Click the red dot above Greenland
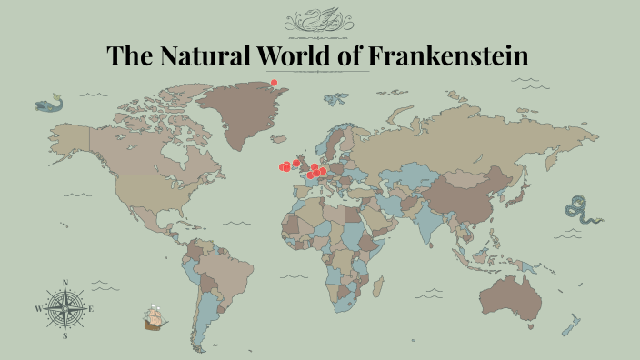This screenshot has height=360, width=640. tap(273, 83)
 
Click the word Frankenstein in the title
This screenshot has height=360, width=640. tap(448, 55)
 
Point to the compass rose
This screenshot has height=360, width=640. tap(65, 308)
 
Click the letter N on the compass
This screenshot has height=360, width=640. tap(65, 282)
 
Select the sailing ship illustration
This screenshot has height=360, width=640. tap(156, 318)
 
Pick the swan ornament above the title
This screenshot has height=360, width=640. tap(319, 20)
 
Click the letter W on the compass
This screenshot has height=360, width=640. tap(38, 309)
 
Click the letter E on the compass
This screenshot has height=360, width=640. tap(92, 309)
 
